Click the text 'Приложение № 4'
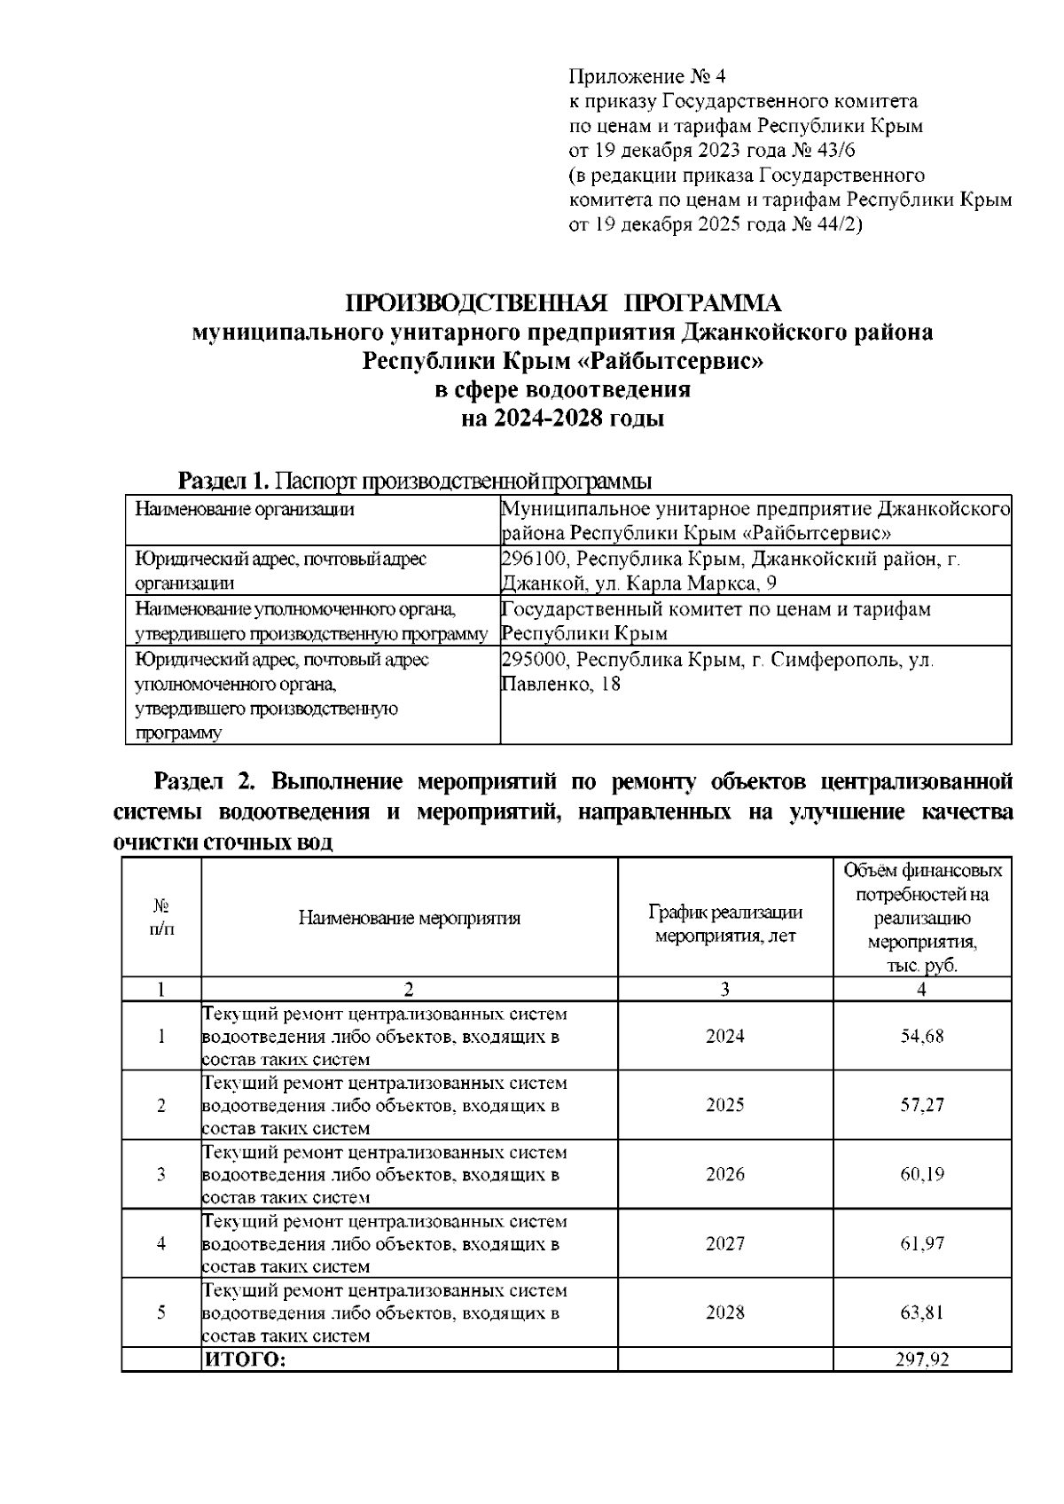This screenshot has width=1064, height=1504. (x=645, y=76)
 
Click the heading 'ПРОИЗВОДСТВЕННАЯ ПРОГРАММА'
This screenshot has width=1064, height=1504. (x=563, y=304)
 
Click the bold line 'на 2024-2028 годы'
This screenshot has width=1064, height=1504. (x=563, y=419)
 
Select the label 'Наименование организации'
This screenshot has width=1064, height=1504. (x=244, y=509)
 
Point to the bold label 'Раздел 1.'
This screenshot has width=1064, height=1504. (x=223, y=482)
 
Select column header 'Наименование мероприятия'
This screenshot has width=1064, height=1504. (x=409, y=918)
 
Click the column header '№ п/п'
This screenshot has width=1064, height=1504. (x=161, y=918)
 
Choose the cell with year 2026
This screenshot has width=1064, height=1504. (x=724, y=1174)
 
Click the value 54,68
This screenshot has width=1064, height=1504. (x=922, y=1037)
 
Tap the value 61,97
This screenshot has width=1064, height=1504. (x=922, y=1243)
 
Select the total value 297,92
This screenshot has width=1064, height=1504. (x=922, y=1359)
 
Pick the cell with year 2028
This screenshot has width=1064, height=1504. (x=724, y=1312)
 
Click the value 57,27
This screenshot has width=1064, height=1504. (x=922, y=1105)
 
